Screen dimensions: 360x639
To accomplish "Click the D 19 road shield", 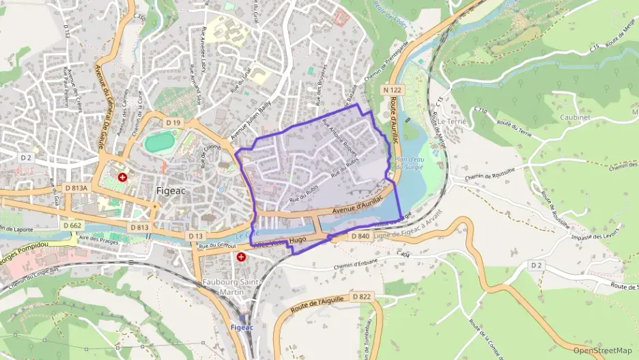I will pos(173,122).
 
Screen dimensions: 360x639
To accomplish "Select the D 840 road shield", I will pos(360,236).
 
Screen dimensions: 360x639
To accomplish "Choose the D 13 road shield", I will pos(196,236).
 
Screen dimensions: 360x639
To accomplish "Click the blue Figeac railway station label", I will pos(242,327).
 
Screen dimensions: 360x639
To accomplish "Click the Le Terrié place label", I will pos(451,120).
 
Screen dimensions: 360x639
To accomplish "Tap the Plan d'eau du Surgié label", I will pos(429,162).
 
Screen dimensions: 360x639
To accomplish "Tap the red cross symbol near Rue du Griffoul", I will pos(241,257).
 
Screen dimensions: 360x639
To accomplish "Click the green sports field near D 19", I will pos(160,142).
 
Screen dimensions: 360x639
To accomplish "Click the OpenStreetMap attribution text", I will pos(603,350).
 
